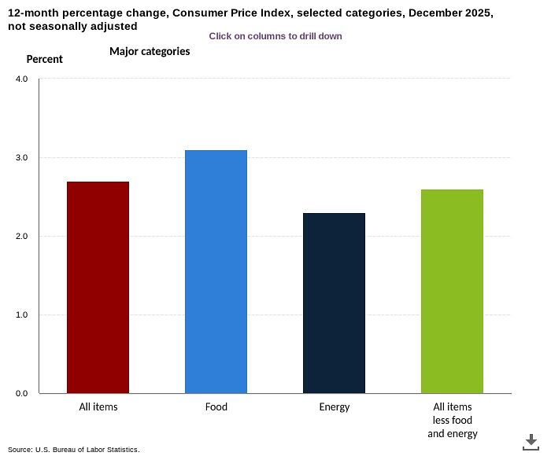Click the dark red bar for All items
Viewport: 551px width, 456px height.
98,287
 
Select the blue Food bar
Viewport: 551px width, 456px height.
216,271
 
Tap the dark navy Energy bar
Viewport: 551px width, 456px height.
334,303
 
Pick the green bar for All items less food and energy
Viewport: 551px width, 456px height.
452,291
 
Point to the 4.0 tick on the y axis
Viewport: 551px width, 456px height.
21,79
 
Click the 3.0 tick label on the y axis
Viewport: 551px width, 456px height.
21,158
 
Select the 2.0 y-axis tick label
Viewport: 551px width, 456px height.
21,237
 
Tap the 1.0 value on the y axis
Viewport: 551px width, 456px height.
21,315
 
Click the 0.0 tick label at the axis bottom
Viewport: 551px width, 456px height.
21,394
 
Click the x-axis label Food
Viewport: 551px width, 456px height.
216,407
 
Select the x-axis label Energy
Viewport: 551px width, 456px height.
334,407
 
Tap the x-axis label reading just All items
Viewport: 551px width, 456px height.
98,407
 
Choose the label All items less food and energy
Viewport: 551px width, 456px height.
452,420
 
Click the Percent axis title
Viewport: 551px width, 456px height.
44,59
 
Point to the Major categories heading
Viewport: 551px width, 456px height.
149,52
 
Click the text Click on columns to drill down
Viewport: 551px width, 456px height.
275,36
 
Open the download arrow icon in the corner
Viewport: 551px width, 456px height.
531,441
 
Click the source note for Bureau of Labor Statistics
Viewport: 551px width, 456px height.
73,450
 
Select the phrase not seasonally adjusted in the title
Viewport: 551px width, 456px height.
72,26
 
